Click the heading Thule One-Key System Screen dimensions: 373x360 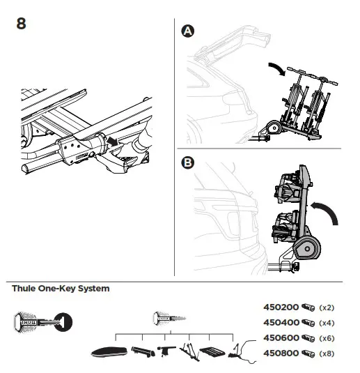61,288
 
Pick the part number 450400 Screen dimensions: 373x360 280,323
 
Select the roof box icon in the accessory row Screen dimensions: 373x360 111,353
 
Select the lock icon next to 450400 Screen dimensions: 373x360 308,323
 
